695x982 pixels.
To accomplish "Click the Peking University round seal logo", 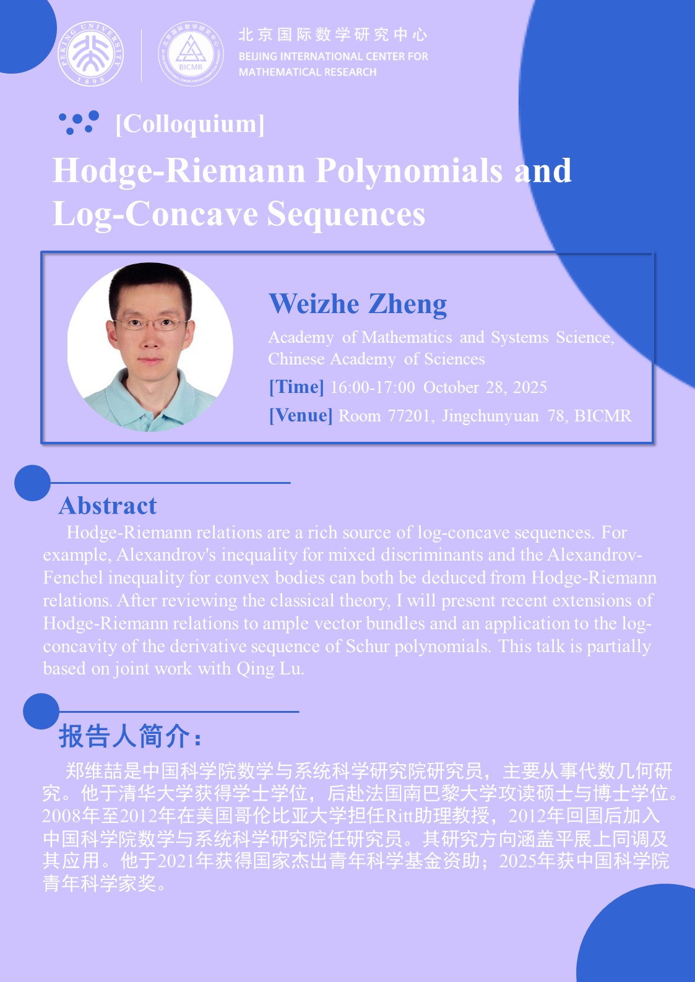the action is tap(91, 53).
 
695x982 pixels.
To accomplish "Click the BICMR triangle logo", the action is tap(191, 53).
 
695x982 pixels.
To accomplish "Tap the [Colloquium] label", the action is tap(190, 124).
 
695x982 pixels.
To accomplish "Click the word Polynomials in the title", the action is tap(409, 171).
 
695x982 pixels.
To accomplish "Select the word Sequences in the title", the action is tap(346, 214).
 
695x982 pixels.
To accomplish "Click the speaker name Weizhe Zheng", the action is tap(358, 304).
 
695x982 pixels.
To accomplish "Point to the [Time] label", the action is tap(296, 387).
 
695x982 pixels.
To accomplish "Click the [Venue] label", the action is tap(301, 415).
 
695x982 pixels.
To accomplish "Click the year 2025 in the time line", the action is tap(530, 387).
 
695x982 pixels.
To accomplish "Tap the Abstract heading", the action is tap(108, 506).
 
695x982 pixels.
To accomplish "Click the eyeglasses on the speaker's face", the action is tap(150, 324).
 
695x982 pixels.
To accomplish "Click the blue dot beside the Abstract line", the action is tap(32, 483).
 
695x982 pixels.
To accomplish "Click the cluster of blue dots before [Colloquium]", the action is tap(79, 123).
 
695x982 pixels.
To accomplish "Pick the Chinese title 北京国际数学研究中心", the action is tap(333, 35).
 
